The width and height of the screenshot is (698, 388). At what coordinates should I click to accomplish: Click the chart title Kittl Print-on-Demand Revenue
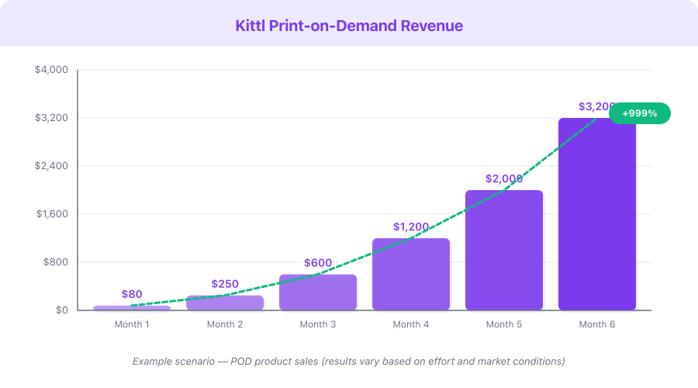point(349,26)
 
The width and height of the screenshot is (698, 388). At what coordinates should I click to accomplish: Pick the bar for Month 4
point(411,275)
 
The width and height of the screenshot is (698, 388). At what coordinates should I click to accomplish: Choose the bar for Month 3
point(318,293)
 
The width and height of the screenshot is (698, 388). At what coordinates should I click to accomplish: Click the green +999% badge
point(639,113)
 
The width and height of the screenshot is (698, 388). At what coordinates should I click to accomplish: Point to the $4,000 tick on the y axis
point(52,70)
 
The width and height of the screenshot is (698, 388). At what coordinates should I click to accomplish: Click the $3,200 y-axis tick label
point(52,118)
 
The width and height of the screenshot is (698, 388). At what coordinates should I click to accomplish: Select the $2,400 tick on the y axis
point(52,166)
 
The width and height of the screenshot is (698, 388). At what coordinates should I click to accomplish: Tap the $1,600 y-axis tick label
point(52,214)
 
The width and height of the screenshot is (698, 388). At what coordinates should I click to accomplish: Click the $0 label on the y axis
point(61,310)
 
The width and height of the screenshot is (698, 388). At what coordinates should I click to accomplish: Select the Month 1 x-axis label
point(132,324)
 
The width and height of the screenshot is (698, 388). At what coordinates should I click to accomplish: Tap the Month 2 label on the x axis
point(225,324)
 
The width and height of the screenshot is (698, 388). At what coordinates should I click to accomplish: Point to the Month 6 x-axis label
point(597,324)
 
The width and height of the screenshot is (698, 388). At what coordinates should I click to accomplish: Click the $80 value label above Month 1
point(132,294)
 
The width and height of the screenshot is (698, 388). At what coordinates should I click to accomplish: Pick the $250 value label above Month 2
point(225,284)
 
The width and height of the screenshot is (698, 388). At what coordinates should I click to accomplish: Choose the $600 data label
point(318,263)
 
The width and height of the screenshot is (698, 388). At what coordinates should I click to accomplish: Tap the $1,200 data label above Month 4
point(411,227)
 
